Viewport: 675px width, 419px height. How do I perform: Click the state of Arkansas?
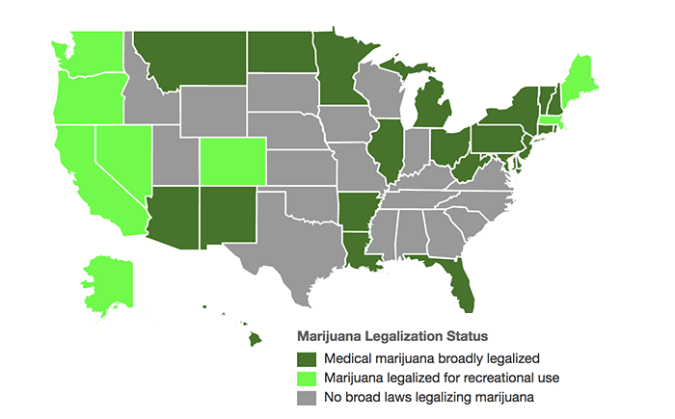tap(355, 212)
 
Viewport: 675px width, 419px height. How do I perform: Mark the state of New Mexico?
tap(229, 216)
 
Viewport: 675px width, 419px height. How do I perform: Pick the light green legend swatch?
tap(307, 377)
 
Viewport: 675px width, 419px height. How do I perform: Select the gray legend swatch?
tap(307, 395)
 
